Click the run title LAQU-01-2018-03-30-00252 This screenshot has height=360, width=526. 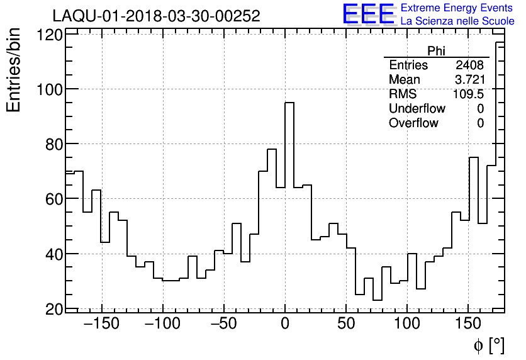click(156, 16)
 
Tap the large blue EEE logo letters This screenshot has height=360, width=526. click(368, 14)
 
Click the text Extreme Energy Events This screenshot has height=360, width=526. click(457, 8)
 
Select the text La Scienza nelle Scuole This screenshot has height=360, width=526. click(457, 21)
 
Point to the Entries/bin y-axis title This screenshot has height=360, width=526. click(14, 70)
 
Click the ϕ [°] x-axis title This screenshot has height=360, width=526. click(489, 345)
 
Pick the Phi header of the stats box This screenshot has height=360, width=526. click(436, 51)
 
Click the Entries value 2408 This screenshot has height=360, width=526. click(470, 65)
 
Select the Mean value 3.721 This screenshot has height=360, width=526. click(469, 80)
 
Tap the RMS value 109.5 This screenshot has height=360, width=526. click(468, 94)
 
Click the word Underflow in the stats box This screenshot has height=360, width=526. click(417, 109)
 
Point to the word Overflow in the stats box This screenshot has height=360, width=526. click(413, 123)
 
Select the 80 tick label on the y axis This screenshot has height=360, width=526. click(54, 144)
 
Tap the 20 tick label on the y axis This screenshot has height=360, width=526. click(54, 309)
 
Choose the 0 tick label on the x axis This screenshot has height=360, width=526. click(285, 324)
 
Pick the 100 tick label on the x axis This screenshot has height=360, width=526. click(408, 324)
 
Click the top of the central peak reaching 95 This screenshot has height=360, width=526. click(289, 103)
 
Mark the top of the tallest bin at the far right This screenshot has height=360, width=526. click(500, 42)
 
